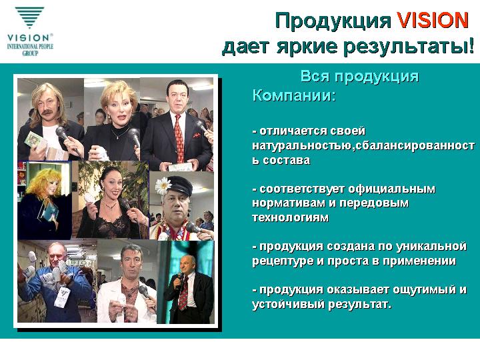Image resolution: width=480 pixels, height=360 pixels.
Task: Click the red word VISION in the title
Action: [x=433, y=21]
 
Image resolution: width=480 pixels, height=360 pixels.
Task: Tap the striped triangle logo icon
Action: [x=30, y=17]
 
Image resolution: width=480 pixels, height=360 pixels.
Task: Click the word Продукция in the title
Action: [x=333, y=21]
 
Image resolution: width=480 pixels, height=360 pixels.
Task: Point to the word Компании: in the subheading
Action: [x=294, y=95]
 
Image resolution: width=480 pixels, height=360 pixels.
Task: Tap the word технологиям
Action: [x=290, y=217]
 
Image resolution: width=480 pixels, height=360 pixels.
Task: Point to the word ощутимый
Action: [x=424, y=290]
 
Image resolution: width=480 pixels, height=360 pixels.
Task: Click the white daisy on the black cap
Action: [x=163, y=185]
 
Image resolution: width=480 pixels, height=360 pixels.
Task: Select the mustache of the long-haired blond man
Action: [x=48, y=112]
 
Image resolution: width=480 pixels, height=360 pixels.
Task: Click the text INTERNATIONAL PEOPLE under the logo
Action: [x=30, y=47]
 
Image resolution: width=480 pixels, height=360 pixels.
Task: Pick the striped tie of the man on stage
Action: [x=183, y=293]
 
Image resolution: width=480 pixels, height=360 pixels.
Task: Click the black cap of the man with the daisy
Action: [x=177, y=186]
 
